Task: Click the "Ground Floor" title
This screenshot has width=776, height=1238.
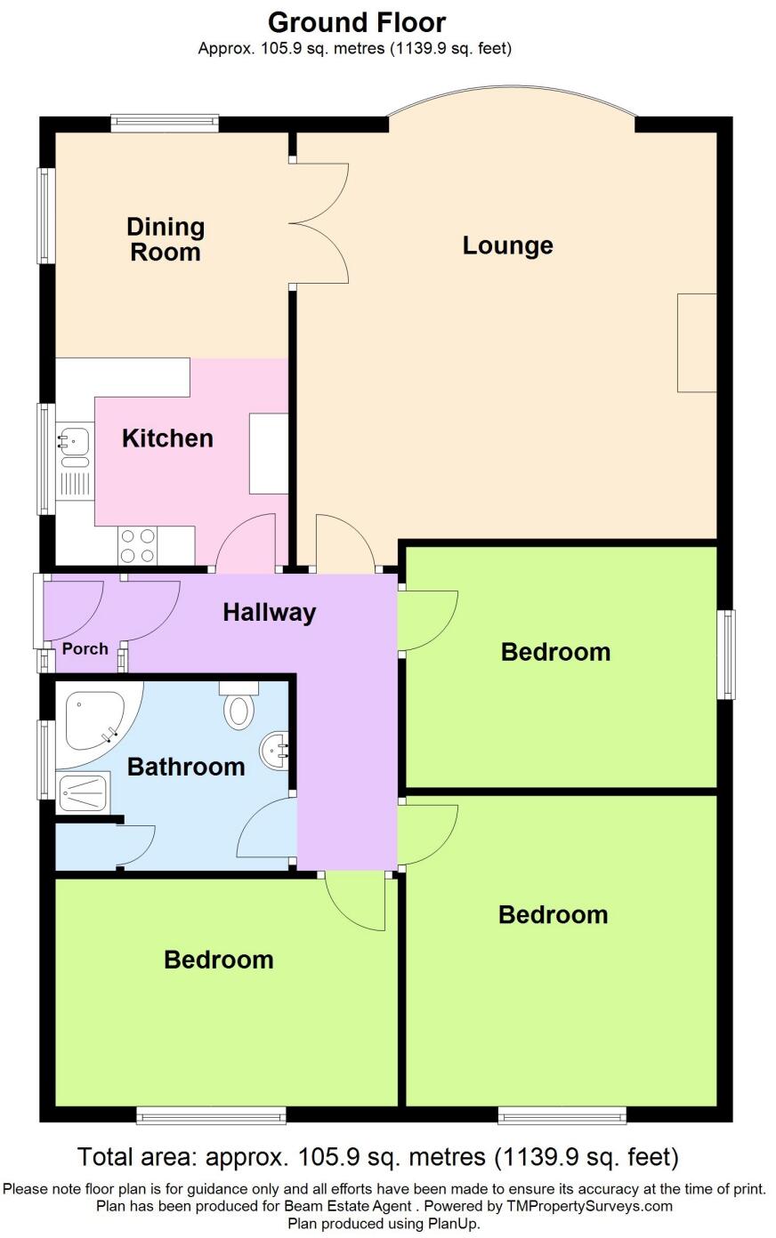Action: point(357,21)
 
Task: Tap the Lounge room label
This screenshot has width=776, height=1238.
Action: point(507,245)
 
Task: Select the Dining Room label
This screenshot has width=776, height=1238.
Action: point(166,239)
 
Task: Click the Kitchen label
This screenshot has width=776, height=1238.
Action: point(167,438)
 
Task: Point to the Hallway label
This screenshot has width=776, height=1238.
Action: point(269,612)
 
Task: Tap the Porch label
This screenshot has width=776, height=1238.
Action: point(85,649)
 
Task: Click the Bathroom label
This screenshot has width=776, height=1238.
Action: point(186,767)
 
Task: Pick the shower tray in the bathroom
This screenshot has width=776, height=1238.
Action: point(85,792)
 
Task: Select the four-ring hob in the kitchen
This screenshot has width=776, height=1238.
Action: point(138,545)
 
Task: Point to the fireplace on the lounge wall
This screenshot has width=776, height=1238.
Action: point(697,342)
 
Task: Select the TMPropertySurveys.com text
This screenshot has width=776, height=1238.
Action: point(589,1207)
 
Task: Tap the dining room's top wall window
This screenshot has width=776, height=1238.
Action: point(165,124)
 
